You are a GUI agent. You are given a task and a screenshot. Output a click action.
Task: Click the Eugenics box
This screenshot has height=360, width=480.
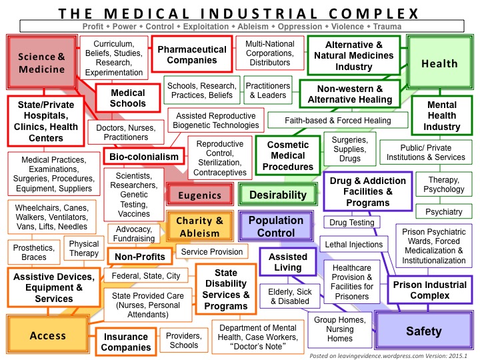tap(199, 195)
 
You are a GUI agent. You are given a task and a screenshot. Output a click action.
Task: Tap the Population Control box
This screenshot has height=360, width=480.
tap(275, 227)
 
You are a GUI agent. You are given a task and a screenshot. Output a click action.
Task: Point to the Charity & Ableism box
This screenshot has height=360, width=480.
tap(199, 227)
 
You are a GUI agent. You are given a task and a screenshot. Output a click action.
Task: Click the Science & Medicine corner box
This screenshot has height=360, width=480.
tap(41, 63)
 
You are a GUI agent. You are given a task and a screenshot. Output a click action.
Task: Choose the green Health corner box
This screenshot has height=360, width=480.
tap(439, 63)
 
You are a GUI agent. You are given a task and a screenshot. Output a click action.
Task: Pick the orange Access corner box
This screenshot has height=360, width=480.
tap(48, 335)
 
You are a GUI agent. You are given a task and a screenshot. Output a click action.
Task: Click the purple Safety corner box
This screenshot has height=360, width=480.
tap(423, 331)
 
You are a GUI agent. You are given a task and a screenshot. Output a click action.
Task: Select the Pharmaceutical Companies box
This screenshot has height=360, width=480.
tap(191, 55)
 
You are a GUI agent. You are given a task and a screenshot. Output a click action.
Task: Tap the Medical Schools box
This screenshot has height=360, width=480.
tap(127, 98)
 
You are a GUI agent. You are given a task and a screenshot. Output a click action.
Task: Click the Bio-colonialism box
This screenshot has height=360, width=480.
tap(141, 157)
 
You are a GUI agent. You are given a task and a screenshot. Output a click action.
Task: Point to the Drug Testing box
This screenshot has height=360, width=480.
tap(353, 222)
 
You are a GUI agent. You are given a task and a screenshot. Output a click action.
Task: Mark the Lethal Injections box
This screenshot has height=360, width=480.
tap(351, 245)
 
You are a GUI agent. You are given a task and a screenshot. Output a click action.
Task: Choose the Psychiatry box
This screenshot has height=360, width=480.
tap(439, 211)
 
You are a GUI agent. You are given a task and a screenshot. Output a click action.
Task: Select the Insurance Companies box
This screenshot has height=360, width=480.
tap(125, 342)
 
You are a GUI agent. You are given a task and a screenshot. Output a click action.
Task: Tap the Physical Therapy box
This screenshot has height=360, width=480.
tap(84, 249)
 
